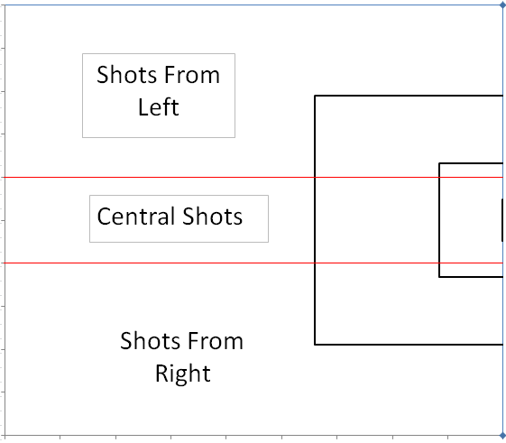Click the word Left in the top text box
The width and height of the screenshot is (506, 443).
pyautogui.click(x=159, y=107)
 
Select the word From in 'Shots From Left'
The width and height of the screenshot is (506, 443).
pyautogui.click(x=191, y=75)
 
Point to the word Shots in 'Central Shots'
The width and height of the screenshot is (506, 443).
pyautogui.click(x=212, y=217)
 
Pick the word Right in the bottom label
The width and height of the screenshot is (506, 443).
pyautogui.click(x=183, y=374)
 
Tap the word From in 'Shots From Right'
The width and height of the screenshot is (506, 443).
pyautogui.click(x=215, y=341)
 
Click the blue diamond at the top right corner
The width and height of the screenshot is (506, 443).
pyautogui.click(x=502, y=5)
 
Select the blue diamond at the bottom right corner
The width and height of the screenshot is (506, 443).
pyautogui.click(x=502, y=436)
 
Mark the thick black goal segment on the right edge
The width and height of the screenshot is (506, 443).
pyautogui.click(x=502, y=220)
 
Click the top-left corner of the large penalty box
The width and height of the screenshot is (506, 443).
pyautogui.click(x=315, y=96)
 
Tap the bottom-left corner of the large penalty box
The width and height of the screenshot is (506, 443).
pyautogui.click(x=315, y=345)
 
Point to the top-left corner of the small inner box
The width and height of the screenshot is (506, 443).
pyautogui.click(x=439, y=163)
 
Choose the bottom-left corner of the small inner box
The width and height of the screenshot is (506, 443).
pyautogui.click(x=439, y=277)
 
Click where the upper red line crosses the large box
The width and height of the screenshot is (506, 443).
pyautogui.click(x=315, y=177)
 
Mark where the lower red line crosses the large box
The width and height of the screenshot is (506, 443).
pyautogui.click(x=315, y=263)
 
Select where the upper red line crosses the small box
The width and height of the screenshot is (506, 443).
pyautogui.click(x=439, y=177)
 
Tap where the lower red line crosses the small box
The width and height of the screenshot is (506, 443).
pyautogui.click(x=439, y=263)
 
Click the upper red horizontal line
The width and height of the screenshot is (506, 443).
pyautogui.click(x=253, y=177)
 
